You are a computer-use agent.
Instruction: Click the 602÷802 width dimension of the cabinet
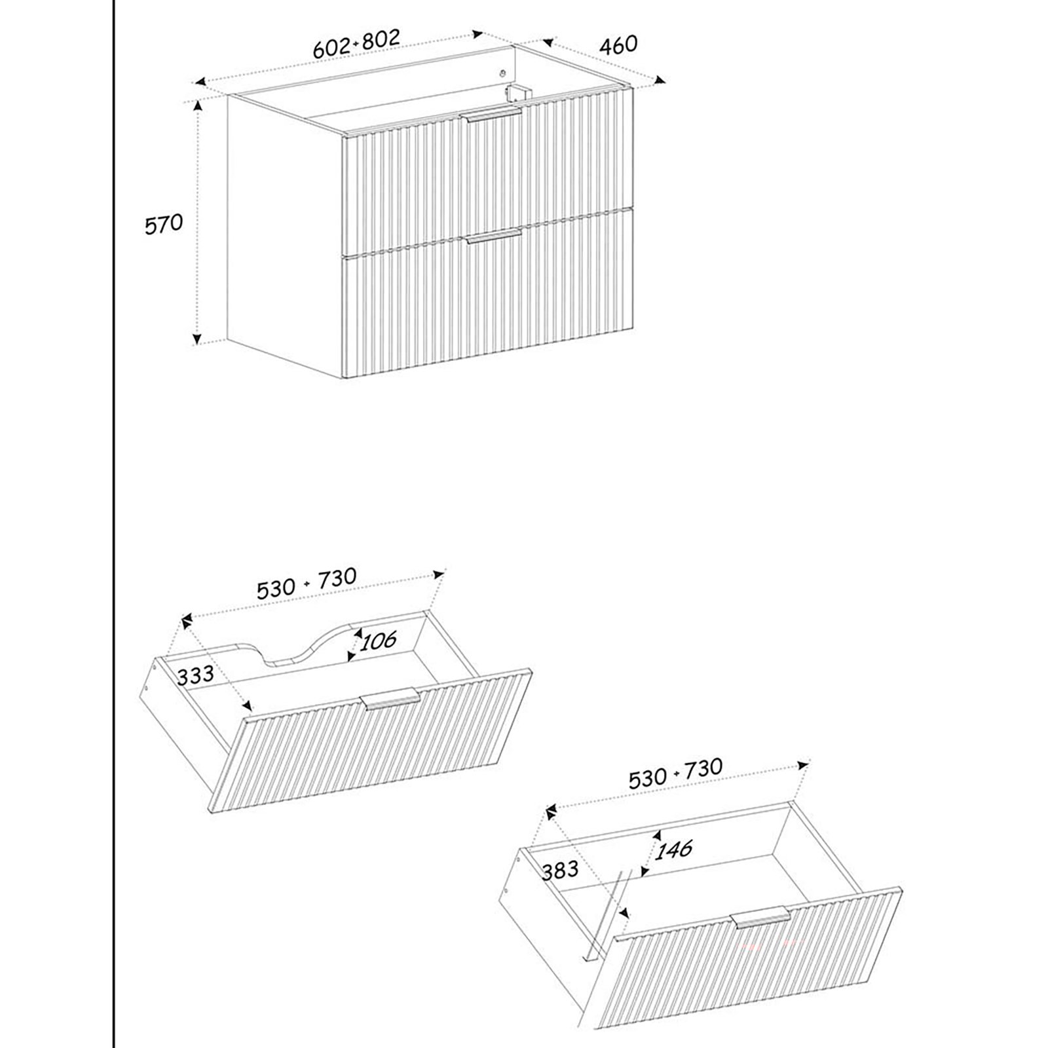click(x=356, y=44)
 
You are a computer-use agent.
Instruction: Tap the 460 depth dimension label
click(x=618, y=44)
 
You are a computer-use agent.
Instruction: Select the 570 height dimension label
click(x=164, y=224)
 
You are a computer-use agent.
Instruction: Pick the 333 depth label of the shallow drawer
click(x=195, y=675)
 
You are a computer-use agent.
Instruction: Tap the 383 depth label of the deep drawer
click(x=560, y=869)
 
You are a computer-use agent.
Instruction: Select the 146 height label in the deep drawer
click(x=674, y=850)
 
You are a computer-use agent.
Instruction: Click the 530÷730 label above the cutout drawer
click(x=307, y=583)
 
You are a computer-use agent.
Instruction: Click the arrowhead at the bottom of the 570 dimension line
click(x=196, y=339)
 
